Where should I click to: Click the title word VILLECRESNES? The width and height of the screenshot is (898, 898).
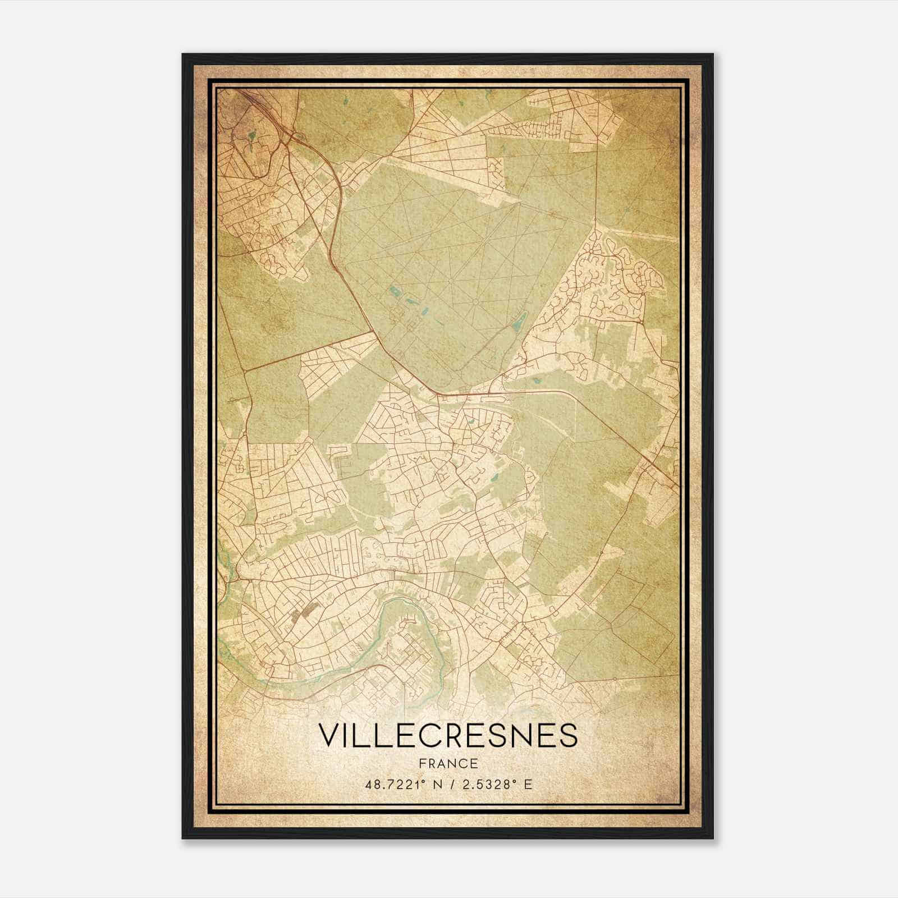pyautogui.click(x=448, y=736)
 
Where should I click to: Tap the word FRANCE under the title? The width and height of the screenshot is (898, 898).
pyautogui.click(x=448, y=763)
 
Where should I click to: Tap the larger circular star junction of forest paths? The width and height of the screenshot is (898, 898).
pyautogui.click(x=475, y=301)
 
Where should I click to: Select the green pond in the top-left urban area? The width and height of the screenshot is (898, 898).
pyautogui.click(x=251, y=135)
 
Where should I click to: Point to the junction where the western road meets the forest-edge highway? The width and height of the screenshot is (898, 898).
pyautogui.click(x=375, y=332)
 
